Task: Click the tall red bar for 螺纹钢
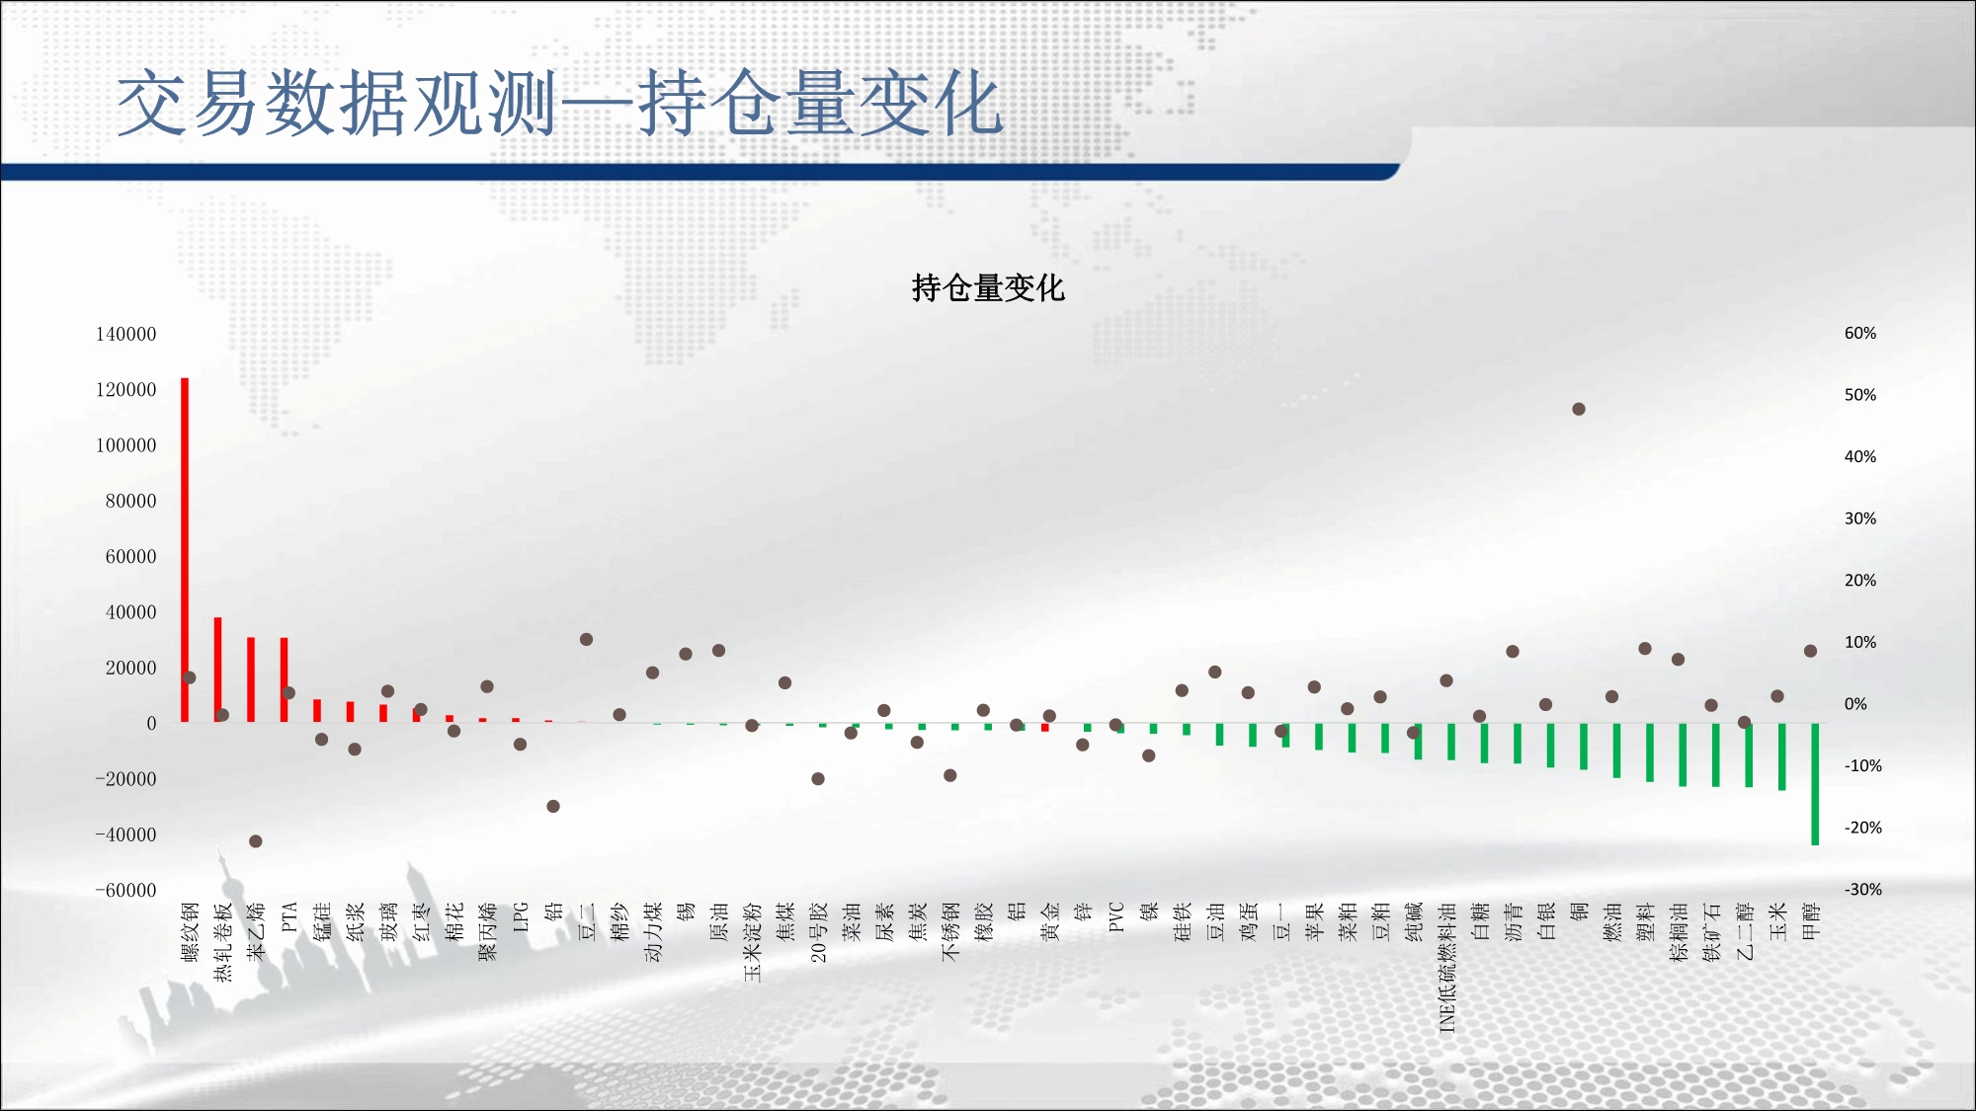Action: tap(185, 550)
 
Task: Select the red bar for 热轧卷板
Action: tap(218, 671)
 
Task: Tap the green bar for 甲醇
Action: tap(1815, 784)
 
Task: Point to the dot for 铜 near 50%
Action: tap(1579, 409)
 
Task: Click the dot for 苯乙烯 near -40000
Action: tap(256, 841)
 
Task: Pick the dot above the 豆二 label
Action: tap(586, 640)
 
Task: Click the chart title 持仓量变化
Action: tap(988, 288)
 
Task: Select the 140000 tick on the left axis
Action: tap(125, 334)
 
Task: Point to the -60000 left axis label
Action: tap(125, 890)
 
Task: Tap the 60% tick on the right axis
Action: tap(1860, 334)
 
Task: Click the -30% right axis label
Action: tap(1863, 889)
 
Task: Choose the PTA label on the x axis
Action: tap(289, 916)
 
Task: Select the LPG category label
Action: tap(521, 916)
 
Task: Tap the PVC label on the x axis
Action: tap(1116, 916)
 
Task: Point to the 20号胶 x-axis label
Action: tap(818, 932)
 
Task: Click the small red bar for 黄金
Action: tap(1045, 728)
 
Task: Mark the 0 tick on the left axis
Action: tap(151, 723)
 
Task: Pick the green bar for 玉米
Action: tap(1782, 756)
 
